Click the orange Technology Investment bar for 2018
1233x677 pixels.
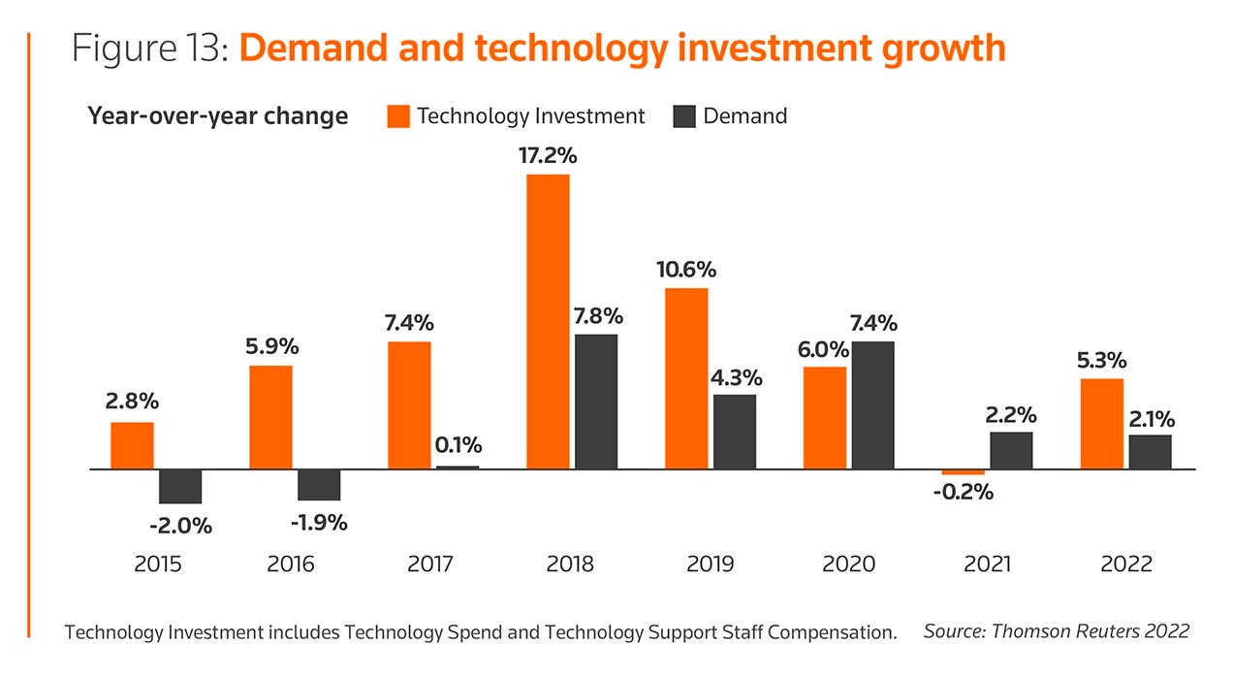(548, 321)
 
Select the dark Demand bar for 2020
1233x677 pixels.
(873, 404)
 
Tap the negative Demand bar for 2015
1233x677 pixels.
(180, 486)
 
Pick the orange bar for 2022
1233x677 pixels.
(1102, 423)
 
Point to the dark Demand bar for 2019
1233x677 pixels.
(735, 431)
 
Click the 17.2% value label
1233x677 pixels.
(549, 156)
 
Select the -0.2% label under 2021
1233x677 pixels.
(964, 492)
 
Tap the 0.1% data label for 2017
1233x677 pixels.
(457, 446)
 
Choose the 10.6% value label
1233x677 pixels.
(687, 269)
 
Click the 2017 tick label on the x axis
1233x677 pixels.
(431, 564)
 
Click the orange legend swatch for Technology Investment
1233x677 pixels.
(397, 116)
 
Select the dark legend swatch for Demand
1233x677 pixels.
(684, 116)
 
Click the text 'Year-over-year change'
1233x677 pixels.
(218, 116)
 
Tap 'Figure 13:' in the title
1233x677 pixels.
(148, 48)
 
